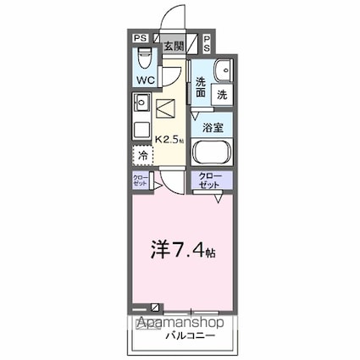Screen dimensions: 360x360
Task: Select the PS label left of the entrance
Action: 140,38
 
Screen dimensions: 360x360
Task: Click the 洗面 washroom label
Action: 201,87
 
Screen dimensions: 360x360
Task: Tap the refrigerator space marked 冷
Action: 143,156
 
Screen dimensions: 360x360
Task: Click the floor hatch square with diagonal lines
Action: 168,108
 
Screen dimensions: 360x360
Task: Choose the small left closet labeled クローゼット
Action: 140,180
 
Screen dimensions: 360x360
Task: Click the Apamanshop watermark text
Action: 180,324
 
